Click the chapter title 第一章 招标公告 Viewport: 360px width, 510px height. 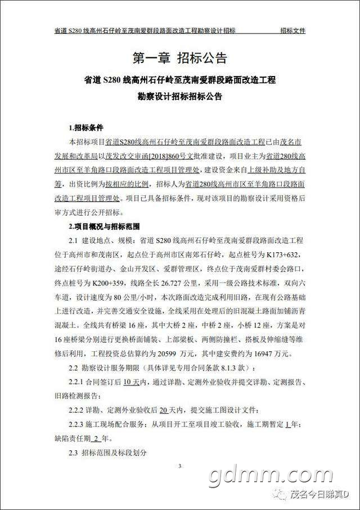click(x=179, y=58)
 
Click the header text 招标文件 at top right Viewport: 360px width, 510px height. click(x=292, y=30)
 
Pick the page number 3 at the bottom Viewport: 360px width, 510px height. click(x=179, y=466)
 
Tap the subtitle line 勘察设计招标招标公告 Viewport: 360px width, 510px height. click(x=179, y=96)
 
